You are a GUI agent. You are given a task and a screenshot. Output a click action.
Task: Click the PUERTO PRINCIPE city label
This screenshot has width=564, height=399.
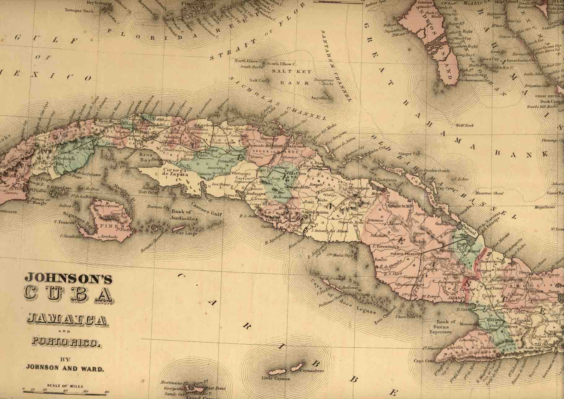point(406,254)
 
